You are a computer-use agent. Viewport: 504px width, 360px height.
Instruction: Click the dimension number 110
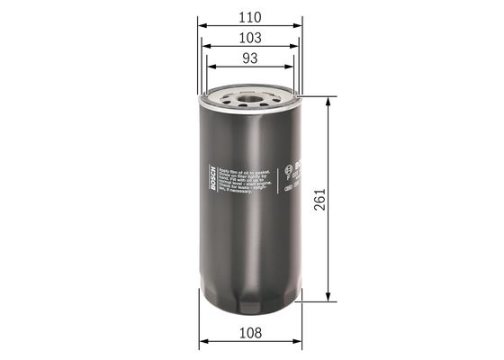click(x=249, y=17)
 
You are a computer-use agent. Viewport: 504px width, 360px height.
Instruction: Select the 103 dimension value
click(x=249, y=38)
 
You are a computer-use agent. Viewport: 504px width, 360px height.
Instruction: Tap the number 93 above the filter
click(x=249, y=58)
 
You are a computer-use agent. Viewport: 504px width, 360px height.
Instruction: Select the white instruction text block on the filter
click(x=240, y=184)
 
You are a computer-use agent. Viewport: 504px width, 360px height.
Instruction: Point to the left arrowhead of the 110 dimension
click(x=202, y=27)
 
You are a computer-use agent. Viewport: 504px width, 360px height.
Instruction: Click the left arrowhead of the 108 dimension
click(x=203, y=343)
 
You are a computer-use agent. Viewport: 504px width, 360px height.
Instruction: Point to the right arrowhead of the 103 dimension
click(x=296, y=48)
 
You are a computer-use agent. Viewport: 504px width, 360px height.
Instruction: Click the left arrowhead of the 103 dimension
click(x=206, y=48)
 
